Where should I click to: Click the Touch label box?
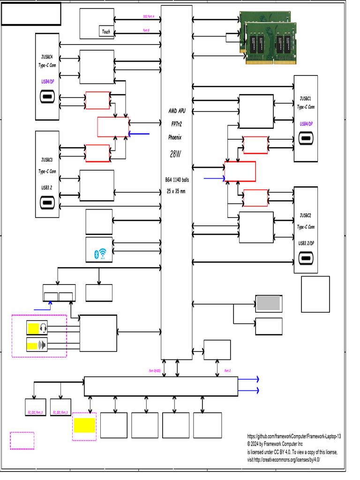(106, 32)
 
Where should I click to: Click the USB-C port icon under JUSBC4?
(47, 97)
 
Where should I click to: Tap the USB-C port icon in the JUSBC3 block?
(47, 204)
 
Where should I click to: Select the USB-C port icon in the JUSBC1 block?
(306, 140)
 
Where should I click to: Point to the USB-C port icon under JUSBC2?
(306, 259)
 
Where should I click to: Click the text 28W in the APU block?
(175, 154)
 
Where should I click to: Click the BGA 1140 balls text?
(177, 180)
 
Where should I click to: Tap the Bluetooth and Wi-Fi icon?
(99, 254)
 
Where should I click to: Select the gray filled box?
(269, 303)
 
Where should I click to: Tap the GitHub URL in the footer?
(294, 436)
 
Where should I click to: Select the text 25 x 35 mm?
(176, 191)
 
